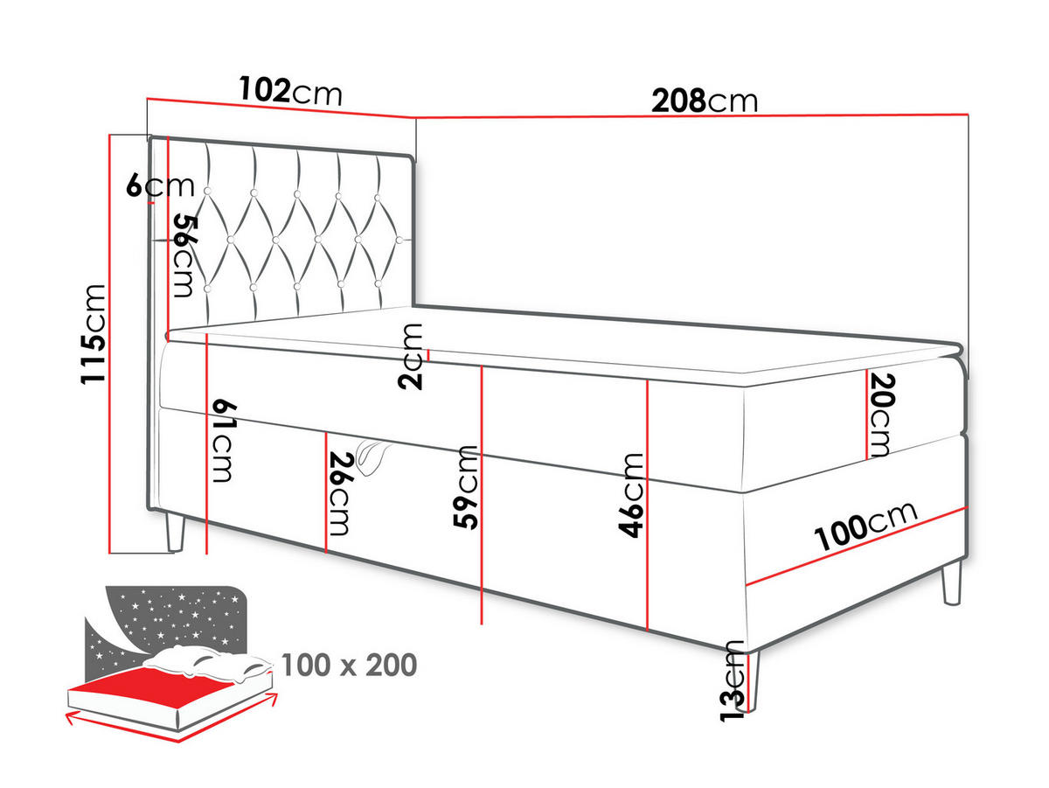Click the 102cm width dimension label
[289, 91]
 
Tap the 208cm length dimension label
[705, 101]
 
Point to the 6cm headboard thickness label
[159, 186]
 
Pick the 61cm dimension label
[220, 441]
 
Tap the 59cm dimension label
[468, 488]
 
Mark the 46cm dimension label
[631, 495]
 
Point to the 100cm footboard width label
[865, 526]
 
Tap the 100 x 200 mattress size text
[349, 666]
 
